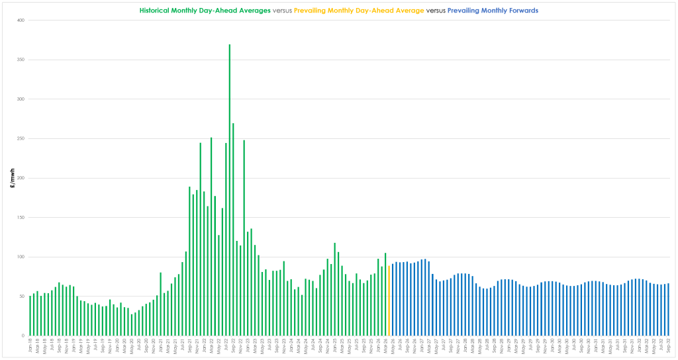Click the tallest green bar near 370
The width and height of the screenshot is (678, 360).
pyautogui.click(x=230, y=192)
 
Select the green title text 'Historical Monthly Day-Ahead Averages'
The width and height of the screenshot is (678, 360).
pyautogui.click(x=205, y=11)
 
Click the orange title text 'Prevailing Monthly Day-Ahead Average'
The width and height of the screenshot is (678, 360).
pyautogui.click(x=359, y=11)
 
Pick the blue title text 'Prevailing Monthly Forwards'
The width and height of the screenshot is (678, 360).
pyautogui.click(x=493, y=11)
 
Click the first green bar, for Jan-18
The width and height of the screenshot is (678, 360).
pyautogui.click(x=30, y=316)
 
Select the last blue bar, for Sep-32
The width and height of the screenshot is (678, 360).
pyautogui.click(x=668, y=310)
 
